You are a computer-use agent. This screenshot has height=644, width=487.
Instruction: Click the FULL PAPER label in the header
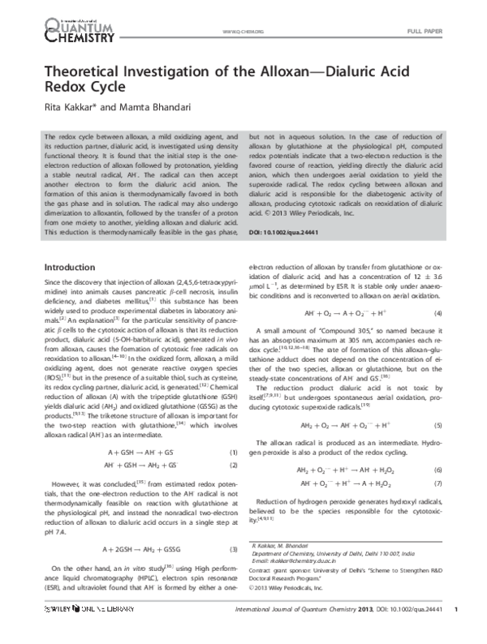click(x=426, y=31)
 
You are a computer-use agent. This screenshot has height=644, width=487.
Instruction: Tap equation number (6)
click(x=437, y=470)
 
